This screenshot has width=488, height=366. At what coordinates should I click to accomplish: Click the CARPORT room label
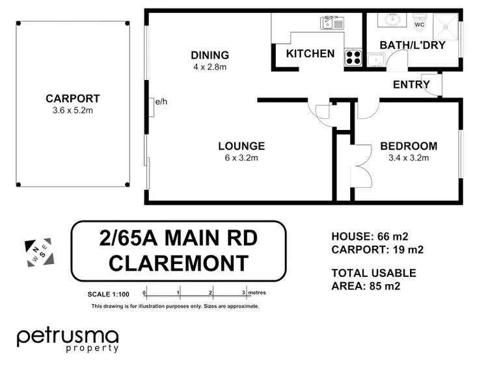72,99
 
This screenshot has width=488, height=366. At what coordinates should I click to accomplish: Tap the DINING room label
210,55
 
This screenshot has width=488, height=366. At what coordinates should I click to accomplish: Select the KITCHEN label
310,54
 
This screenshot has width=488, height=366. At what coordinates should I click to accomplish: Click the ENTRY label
411,85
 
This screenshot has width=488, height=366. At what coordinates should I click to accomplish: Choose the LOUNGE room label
241,146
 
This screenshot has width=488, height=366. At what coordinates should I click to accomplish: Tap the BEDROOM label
409,146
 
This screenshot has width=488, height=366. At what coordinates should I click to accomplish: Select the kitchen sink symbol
331,24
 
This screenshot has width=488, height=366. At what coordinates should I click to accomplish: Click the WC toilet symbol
419,23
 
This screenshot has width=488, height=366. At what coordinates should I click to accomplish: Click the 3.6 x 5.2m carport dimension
72,110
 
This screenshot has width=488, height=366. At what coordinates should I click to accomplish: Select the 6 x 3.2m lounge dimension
241,157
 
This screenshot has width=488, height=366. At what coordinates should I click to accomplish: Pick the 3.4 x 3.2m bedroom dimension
409,157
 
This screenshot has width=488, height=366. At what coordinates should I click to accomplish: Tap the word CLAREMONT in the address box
178,263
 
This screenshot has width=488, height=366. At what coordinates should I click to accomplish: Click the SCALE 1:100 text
109,294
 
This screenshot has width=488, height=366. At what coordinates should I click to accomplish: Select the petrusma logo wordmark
68,336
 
